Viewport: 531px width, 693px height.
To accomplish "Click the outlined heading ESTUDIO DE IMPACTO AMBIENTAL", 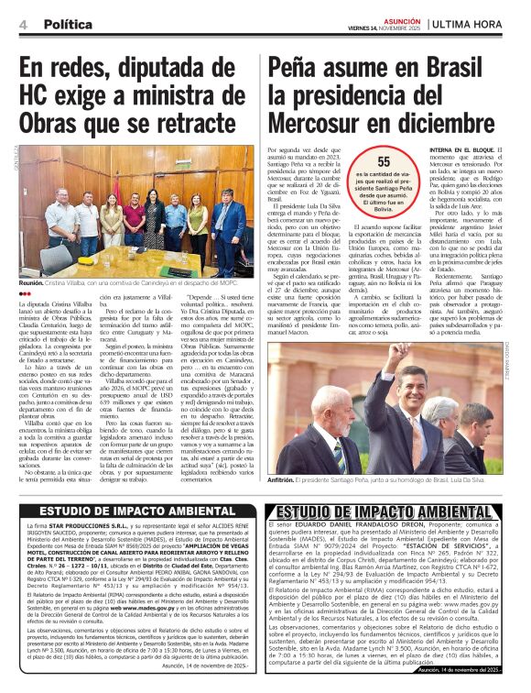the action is pyautogui.click(x=396, y=511).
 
